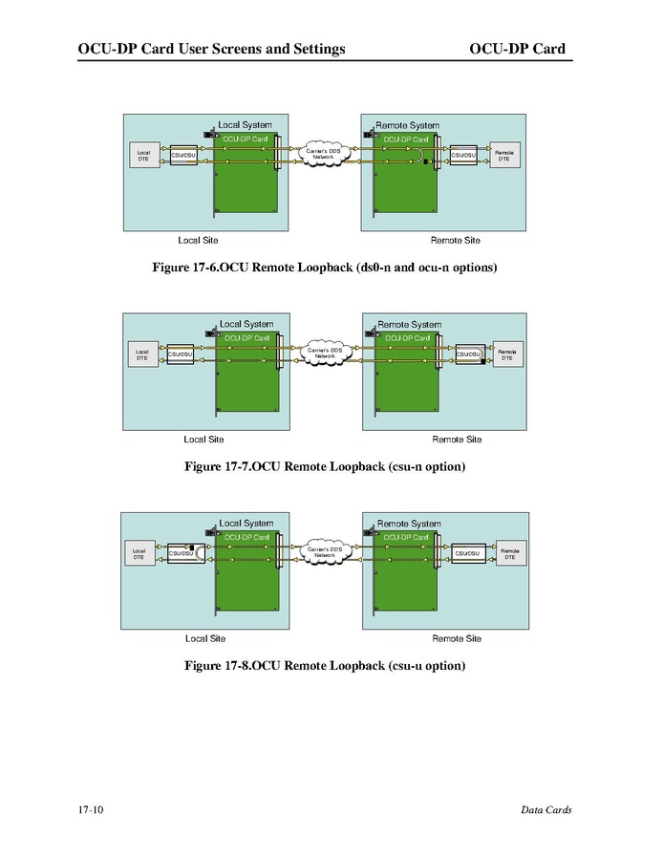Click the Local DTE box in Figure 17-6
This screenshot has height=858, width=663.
(x=143, y=155)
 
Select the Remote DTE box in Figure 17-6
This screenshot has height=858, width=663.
(x=503, y=155)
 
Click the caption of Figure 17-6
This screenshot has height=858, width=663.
(x=325, y=268)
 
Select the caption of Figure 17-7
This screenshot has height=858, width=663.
(x=325, y=467)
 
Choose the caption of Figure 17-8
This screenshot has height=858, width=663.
(x=325, y=666)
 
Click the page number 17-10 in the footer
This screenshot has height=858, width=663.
(x=92, y=811)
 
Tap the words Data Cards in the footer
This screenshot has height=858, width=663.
(x=546, y=811)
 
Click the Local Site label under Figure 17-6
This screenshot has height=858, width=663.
(x=198, y=241)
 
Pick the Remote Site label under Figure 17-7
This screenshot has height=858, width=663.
(x=457, y=440)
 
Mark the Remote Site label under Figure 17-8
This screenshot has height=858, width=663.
(x=457, y=639)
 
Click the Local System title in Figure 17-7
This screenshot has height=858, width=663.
(x=246, y=325)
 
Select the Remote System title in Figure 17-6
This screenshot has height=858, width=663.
(x=407, y=125)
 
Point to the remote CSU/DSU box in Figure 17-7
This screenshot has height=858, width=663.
(x=468, y=354)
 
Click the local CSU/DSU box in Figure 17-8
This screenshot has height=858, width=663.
(x=182, y=553)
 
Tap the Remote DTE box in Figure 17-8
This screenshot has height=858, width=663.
(x=510, y=553)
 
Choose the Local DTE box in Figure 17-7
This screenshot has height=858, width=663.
(x=141, y=354)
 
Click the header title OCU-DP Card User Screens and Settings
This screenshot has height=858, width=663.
(x=211, y=49)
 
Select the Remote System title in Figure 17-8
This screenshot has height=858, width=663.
(x=409, y=524)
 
